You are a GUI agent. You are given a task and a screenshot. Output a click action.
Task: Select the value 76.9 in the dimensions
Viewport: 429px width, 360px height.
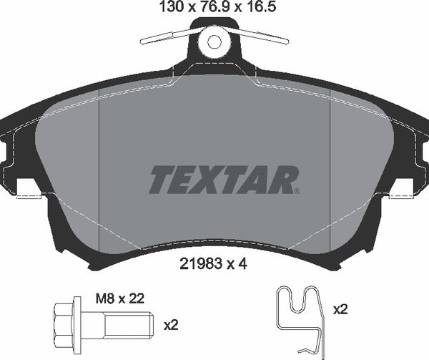click(x=212, y=9)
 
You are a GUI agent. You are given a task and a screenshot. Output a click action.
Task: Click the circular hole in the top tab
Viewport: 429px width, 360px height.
click(x=214, y=42)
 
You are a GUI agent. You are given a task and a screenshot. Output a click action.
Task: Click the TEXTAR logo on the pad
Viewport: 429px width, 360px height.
click(x=222, y=180)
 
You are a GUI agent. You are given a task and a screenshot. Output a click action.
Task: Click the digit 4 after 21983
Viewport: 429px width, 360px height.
click(x=245, y=263)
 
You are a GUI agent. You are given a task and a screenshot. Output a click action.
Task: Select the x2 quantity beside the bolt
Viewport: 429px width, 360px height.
click(x=170, y=324)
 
